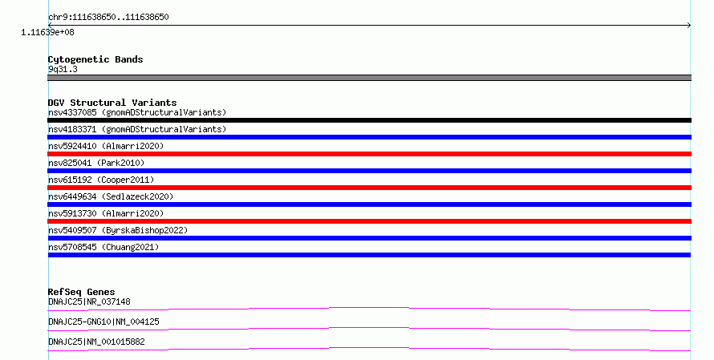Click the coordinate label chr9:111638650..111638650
click(x=108, y=18)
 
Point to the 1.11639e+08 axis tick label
click(x=47, y=32)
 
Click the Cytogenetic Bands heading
click(x=95, y=59)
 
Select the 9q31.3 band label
click(x=63, y=69)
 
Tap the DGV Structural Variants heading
click(x=112, y=103)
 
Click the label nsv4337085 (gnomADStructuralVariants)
click(x=137, y=112)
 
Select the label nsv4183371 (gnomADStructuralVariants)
click(x=137, y=129)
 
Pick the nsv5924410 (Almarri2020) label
click(x=106, y=146)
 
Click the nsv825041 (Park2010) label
click(x=96, y=163)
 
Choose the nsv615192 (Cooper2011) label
click(x=101, y=180)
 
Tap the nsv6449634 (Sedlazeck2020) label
click(x=111, y=196)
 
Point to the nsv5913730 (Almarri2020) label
click(x=106, y=213)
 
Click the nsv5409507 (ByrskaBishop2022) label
click(x=118, y=230)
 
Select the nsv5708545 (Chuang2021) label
click(x=103, y=247)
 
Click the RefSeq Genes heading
click(x=81, y=292)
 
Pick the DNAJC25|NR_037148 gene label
click(x=89, y=301)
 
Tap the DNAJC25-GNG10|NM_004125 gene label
click(x=103, y=322)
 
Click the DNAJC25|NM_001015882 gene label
click(x=96, y=342)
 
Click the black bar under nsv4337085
click(x=369, y=120)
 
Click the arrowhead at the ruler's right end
click(x=689, y=26)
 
